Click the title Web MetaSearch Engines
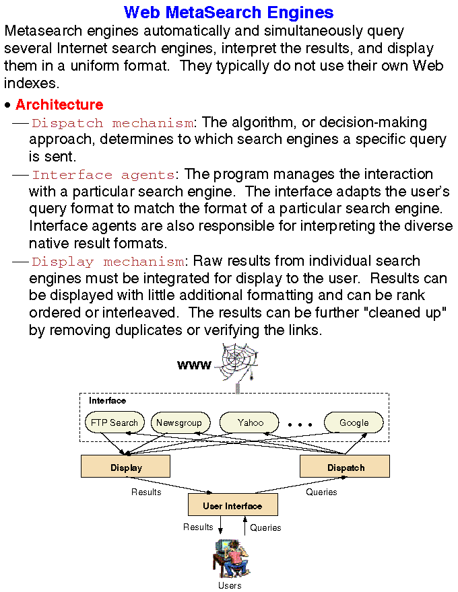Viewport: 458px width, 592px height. point(229,12)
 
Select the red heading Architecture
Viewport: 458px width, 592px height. point(59,105)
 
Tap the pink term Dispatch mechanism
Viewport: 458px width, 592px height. point(112,123)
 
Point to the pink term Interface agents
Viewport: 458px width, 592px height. point(103,176)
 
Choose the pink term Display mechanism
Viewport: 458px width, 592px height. point(108,262)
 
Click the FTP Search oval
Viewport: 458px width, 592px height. point(115,422)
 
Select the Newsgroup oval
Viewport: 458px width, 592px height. point(179,422)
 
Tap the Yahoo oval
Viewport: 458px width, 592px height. point(251,422)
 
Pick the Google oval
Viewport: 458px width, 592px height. point(354,422)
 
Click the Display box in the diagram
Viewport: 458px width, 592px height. point(126,467)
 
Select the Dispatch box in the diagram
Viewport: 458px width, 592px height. point(346,467)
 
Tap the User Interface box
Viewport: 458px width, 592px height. point(232,505)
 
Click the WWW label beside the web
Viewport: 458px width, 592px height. point(194,366)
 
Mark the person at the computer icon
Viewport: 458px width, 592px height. point(230,558)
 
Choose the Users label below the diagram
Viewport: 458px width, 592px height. point(230,585)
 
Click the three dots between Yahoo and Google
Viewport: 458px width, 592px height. point(300,424)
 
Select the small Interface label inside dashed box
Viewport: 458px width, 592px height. point(108,401)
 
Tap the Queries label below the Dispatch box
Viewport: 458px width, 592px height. point(321,492)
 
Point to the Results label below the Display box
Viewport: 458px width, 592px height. point(146,492)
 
